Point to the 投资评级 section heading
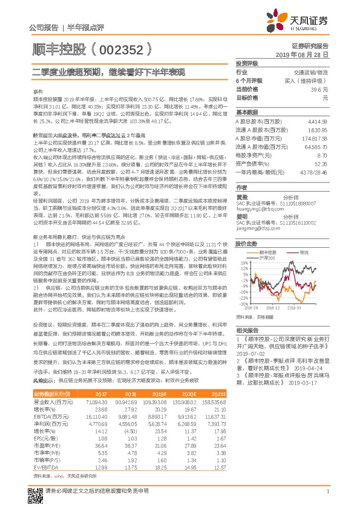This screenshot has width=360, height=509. (247, 63)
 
